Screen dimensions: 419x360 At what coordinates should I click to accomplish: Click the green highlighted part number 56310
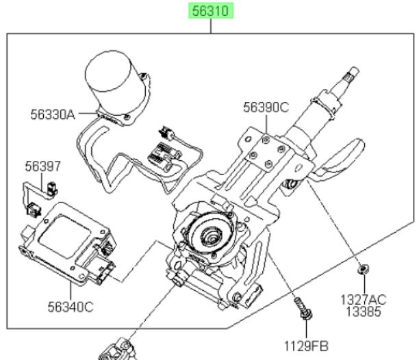coord(211,11)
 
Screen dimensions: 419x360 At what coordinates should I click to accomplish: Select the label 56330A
coord(53,114)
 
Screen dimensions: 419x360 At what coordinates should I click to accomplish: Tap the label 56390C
coord(266,107)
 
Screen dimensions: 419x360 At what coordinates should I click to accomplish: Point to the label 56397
coord(43,166)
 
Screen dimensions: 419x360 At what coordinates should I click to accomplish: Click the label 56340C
coord(71,307)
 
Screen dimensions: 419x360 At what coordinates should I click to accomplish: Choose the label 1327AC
coord(364,300)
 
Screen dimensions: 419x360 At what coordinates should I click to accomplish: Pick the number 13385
coord(364,311)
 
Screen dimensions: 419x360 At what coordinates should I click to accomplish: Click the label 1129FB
coord(306,346)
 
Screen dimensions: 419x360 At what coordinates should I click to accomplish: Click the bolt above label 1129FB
coord(303,308)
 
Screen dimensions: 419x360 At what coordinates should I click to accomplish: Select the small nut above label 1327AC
coord(364,269)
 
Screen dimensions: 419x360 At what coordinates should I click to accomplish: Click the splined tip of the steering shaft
coord(352,73)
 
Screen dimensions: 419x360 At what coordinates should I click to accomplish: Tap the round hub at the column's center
coord(211,234)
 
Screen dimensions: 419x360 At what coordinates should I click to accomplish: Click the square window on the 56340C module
coord(64,236)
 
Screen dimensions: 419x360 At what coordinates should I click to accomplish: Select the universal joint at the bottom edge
coord(118,350)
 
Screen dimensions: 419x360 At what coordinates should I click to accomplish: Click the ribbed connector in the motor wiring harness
coord(163,155)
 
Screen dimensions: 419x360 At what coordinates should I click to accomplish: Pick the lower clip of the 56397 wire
coord(34,209)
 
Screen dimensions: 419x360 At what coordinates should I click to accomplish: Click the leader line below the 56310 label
coord(211,26)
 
